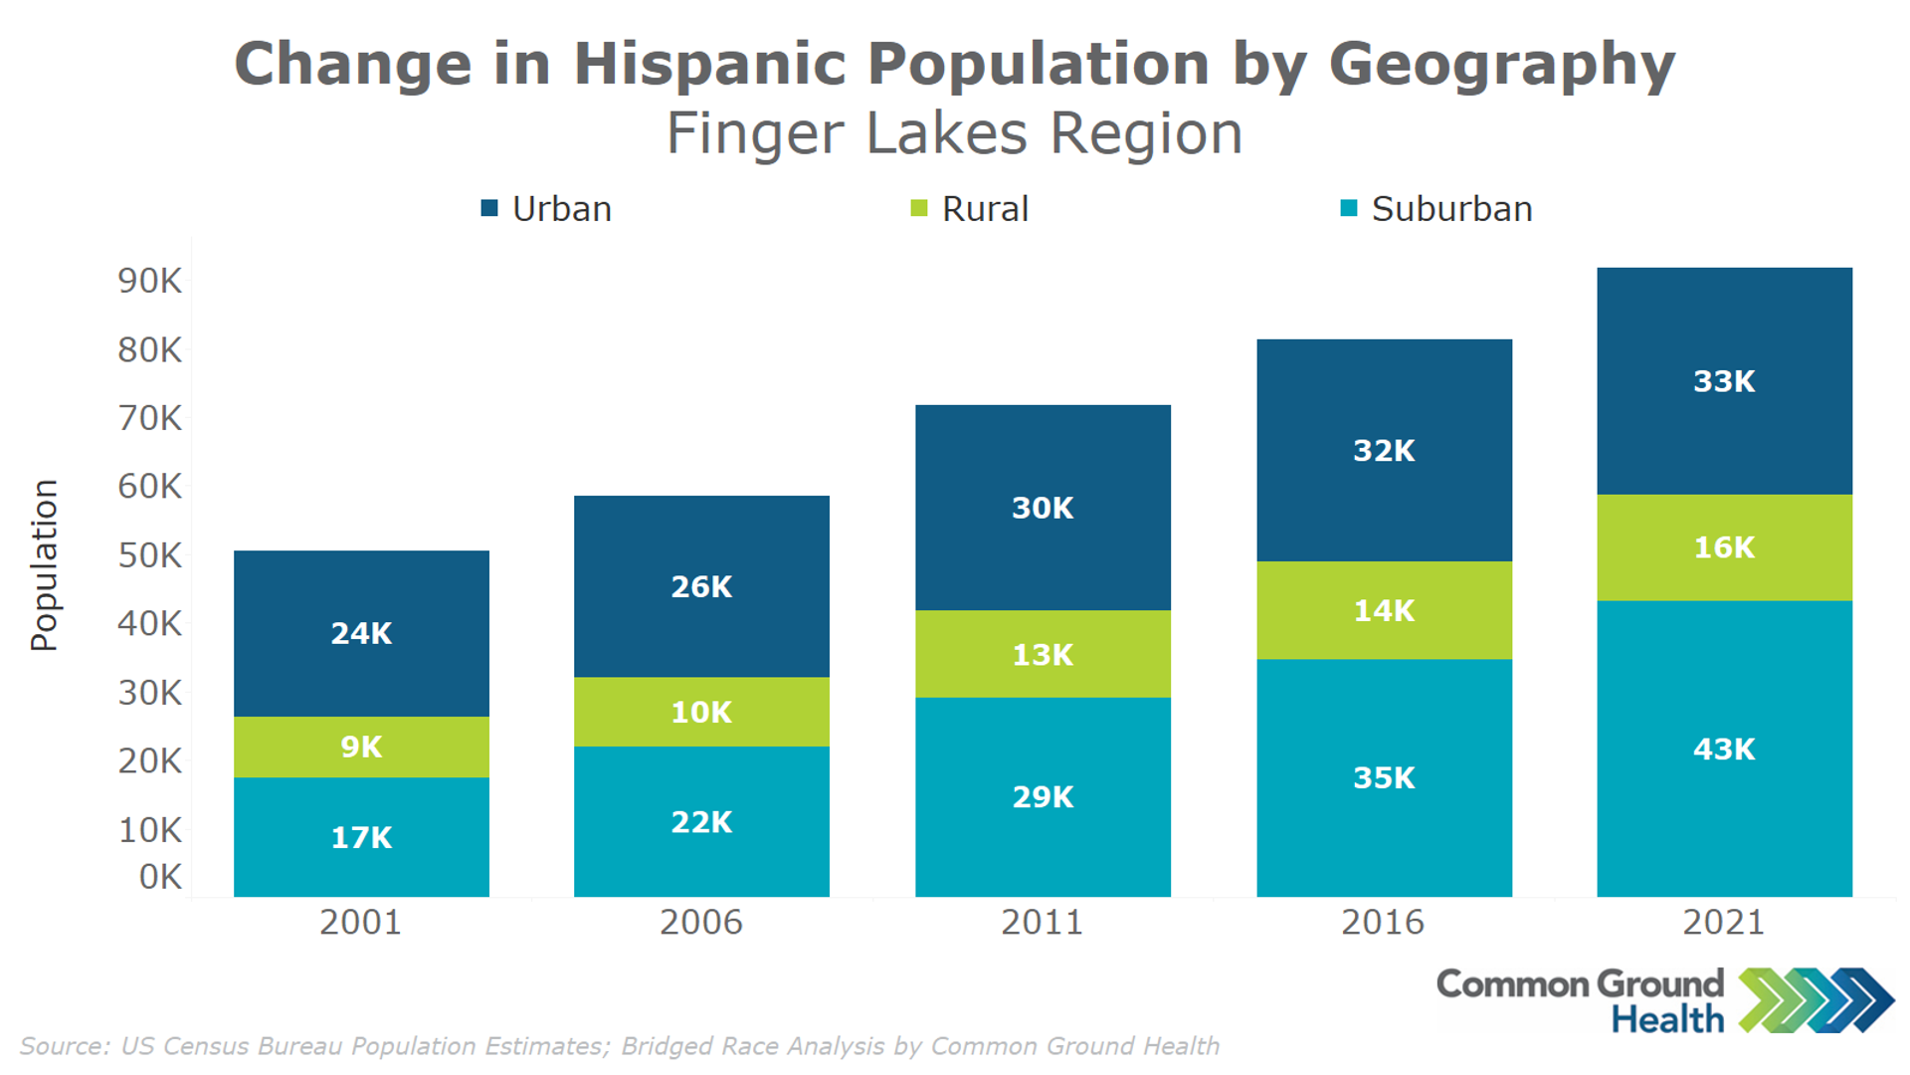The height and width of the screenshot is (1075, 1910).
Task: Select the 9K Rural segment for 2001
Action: [x=361, y=747]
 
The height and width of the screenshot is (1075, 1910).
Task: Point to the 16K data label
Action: [x=1724, y=547]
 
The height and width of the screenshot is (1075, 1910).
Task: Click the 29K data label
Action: [x=1043, y=797]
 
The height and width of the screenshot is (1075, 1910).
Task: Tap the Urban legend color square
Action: [x=489, y=208]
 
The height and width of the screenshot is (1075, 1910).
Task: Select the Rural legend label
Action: [x=985, y=209]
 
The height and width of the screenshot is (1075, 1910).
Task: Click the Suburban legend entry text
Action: [x=1451, y=209]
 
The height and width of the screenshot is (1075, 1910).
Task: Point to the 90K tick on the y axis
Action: [x=150, y=281]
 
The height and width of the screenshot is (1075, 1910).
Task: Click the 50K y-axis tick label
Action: [x=150, y=555]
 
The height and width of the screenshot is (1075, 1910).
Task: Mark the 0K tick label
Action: [x=160, y=877]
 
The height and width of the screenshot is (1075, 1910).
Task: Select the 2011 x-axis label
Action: [x=1042, y=923]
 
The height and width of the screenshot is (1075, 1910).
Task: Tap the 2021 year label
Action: [x=1723, y=923]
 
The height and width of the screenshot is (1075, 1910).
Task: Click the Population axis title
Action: [x=45, y=565]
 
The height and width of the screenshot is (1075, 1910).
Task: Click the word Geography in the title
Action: [x=1502, y=65]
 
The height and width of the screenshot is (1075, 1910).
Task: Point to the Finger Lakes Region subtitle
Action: [x=954, y=133]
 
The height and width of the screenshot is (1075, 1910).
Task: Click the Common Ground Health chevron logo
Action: [x=1815, y=999]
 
